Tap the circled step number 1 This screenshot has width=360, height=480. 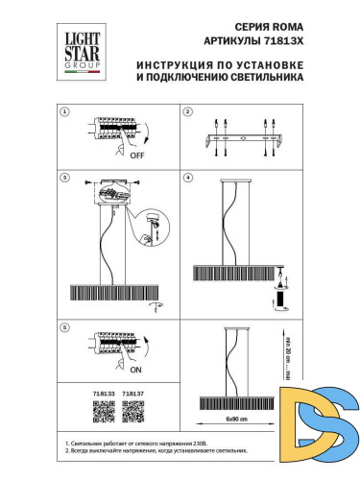point(65,111)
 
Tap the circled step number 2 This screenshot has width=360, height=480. point(188,111)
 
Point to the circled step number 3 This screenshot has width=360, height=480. point(65,178)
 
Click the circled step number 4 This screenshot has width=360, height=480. point(188,178)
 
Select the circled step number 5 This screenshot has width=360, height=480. point(65,327)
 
